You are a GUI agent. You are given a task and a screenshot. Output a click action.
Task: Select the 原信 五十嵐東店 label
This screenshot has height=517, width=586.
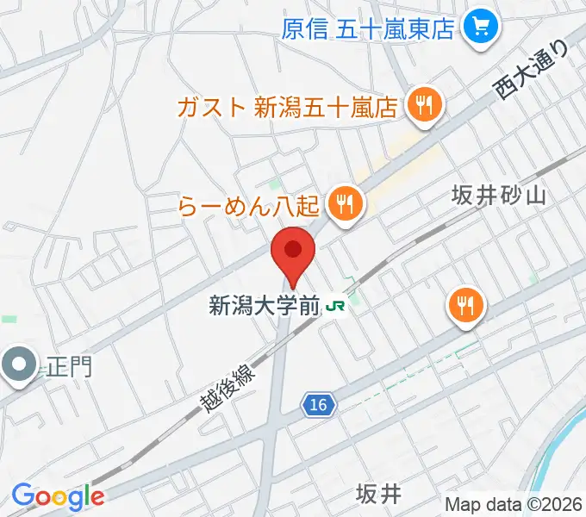[368, 29]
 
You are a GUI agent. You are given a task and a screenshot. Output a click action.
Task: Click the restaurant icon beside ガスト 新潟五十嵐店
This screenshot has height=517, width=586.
[423, 106]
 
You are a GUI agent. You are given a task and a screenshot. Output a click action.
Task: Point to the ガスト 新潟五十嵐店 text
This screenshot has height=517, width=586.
[287, 107]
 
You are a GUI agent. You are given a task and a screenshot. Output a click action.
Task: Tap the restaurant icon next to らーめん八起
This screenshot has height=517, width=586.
[346, 203]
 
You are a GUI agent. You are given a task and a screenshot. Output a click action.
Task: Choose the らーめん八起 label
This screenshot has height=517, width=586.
[250, 205]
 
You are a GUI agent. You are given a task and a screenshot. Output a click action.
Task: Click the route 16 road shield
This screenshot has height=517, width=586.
[319, 403]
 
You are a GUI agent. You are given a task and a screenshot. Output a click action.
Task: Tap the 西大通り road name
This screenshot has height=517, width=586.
[532, 70]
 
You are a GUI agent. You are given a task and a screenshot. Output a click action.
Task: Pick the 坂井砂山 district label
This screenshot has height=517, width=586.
[499, 196]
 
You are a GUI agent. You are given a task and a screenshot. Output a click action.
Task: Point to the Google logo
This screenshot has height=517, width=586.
[57, 496]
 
